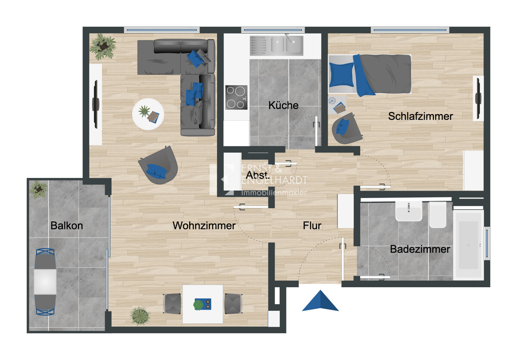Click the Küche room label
coord(283,106)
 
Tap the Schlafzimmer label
coord(420,116)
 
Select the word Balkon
coord(67,226)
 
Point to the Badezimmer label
coord(420,249)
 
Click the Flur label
coord(312,226)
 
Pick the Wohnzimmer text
coord(204,226)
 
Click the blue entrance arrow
coord(320,301)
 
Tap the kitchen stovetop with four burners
coord(237,97)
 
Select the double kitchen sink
coord(277,46)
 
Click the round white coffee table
coord(148,114)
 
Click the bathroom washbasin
coord(409,211)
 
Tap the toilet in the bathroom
coord(437,215)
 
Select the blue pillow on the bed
coord(342,75)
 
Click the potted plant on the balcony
coord(38,189)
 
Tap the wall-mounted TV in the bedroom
coord(478,98)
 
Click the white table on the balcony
coord(45,282)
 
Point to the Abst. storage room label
coord(258,175)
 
